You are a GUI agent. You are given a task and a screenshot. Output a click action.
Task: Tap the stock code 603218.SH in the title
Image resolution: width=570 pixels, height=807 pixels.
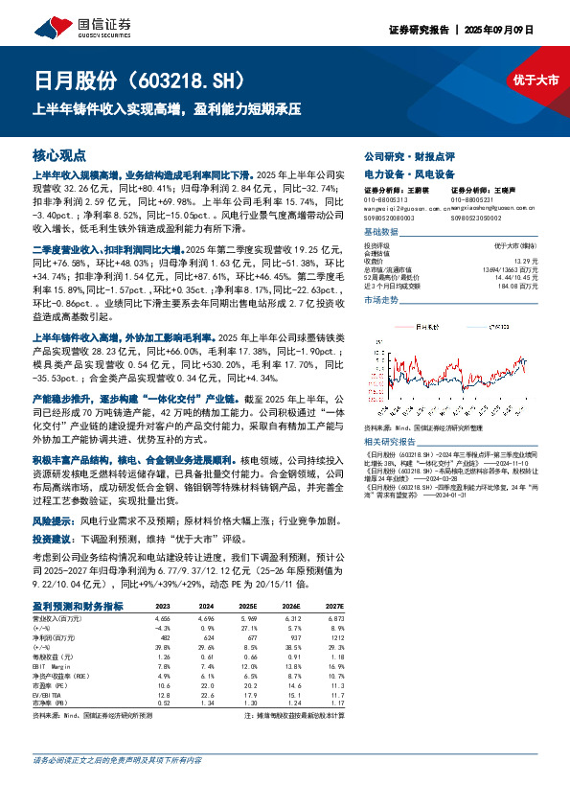tap(186, 80)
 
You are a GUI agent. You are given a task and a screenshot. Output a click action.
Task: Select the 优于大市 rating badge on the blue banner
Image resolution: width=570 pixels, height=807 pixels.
tap(536, 81)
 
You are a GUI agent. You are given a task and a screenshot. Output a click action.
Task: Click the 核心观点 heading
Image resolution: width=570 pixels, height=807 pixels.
tap(58, 154)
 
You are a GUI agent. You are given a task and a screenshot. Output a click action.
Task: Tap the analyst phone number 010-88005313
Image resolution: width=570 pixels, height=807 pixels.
tap(385, 197)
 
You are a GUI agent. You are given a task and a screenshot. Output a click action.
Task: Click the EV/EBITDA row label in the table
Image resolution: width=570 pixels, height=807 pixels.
tap(50, 697)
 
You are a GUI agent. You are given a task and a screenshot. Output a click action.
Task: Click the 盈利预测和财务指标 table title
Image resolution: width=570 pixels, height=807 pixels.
tap(78, 606)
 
